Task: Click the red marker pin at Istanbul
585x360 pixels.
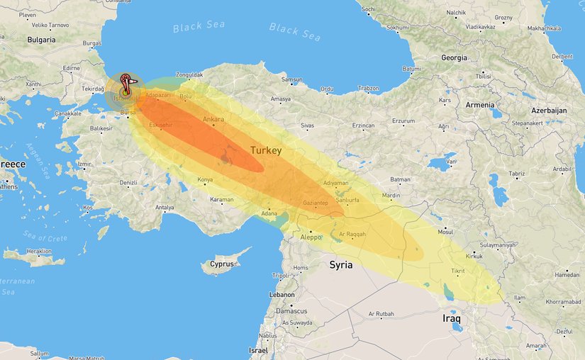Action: pyautogui.click(x=126, y=82)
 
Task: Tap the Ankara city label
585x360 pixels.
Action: pyautogui.click(x=213, y=119)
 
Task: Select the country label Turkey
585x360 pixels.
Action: pyautogui.click(x=266, y=151)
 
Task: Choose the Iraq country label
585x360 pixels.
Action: pyautogui.click(x=452, y=318)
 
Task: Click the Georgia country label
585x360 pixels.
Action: pyautogui.click(x=454, y=57)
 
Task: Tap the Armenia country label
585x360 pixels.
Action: pyautogui.click(x=480, y=105)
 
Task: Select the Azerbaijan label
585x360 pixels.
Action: pyautogui.click(x=549, y=111)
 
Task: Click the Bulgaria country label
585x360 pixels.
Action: pyautogui.click(x=40, y=40)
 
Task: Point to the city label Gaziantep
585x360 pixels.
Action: pyautogui.click(x=315, y=203)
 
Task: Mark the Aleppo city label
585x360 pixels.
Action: pyautogui.click(x=311, y=237)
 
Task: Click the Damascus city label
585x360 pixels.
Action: pyautogui.click(x=291, y=311)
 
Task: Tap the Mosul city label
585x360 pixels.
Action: pyautogui.click(x=445, y=232)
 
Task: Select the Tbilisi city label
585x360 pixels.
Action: pyautogui.click(x=484, y=75)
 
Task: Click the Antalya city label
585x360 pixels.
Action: pyautogui.click(x=165, y=208)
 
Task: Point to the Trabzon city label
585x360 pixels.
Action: pyautogui.click(x=368, y=89)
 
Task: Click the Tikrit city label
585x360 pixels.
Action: pyautogui.click(x=458, y=271)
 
